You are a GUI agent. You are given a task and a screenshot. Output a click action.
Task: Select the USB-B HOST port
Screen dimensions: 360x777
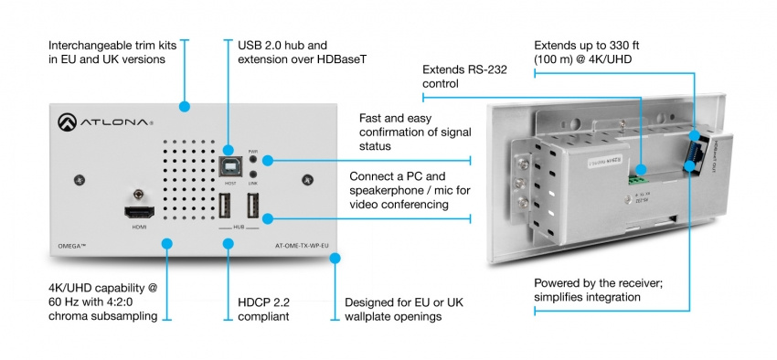pyautogui.click(x=229, y=164)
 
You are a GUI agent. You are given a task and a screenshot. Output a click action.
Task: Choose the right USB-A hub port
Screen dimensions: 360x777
pyautogui.click(x=253, y=206)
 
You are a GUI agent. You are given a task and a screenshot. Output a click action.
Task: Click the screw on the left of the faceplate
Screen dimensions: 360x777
pyautogui.click(x=80, y=179)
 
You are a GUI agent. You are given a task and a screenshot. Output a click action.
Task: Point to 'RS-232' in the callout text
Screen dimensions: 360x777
pyautogui.click(x=490, y=69)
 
